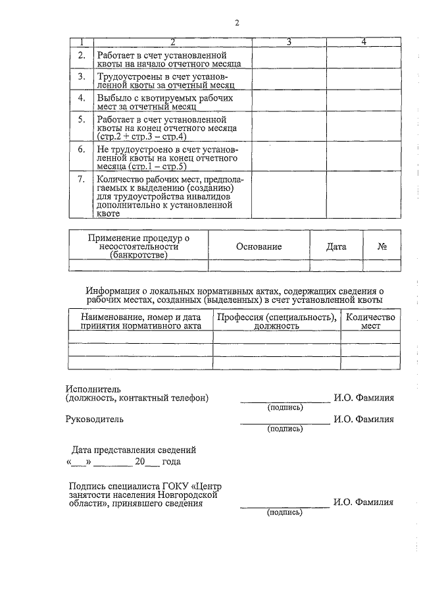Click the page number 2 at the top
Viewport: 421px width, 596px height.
tap(237, 24)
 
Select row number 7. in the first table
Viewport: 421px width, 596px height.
tap(82, 179)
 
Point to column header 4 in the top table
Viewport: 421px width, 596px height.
tap(364, 42)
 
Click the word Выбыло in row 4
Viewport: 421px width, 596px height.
tap(112, 97)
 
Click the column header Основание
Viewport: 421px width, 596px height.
tap(259, 246)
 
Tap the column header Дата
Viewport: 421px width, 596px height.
tap(336, 246)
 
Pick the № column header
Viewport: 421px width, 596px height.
tap(382, 246)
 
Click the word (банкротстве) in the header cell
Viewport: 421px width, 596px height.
tap(139, 255)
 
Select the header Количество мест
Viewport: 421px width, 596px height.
tap(370, 321)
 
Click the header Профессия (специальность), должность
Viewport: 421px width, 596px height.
tap(276, 321)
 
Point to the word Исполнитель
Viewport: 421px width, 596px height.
tap(93, 389)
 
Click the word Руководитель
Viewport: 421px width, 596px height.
tap(93, 418)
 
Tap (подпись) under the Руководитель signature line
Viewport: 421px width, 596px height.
tap(284, 429)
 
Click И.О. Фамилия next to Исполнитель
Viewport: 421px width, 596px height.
tap(363, 398)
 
